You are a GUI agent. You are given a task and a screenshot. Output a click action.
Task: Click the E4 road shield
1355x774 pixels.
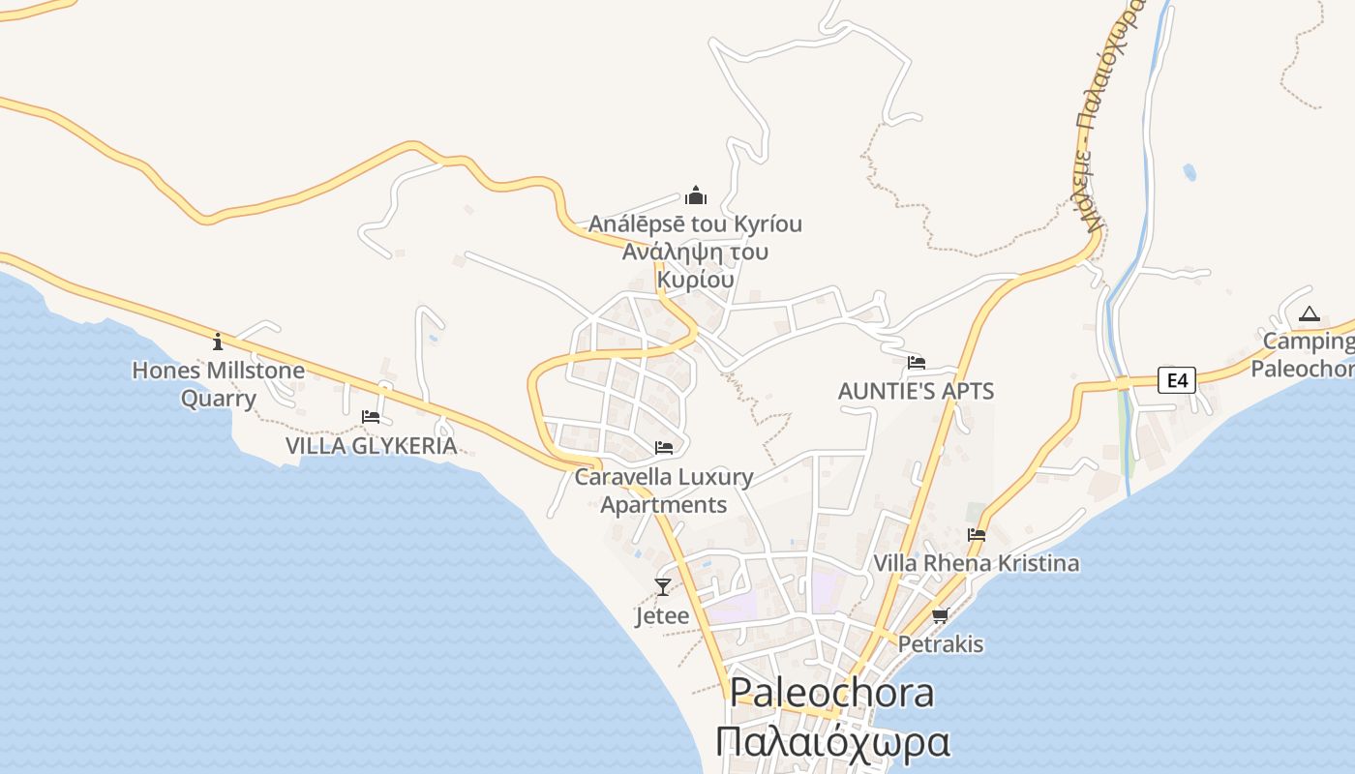pyautogui.click(x=1177, y=380)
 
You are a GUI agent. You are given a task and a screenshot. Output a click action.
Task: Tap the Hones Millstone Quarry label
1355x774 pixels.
pyautogui.click(x=218, y=384)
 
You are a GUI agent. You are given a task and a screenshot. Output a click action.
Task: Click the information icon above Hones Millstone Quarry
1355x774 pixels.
pyautogui.click(x=218, y=342)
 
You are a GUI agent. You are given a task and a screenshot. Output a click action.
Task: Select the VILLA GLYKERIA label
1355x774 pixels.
pyautogui.click(x=371, y=446)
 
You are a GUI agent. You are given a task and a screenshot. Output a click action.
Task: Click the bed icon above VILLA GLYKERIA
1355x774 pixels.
pyautogui.click(x=371, y=417)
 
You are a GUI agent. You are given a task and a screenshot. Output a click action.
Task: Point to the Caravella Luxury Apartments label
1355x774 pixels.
pyautogui.click(x=664, y=491)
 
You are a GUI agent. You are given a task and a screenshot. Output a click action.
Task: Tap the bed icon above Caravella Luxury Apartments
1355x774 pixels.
pyautogui.click(x=664, y=448)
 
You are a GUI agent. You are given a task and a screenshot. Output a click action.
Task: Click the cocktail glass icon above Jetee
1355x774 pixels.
pyautogui.click(x=663, y=586)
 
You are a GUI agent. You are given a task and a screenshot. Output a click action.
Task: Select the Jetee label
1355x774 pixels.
pyautogui.click(x=663, y=616)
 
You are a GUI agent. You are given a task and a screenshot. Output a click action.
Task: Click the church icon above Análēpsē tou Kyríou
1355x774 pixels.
pyautogui.click(x=696, y=196)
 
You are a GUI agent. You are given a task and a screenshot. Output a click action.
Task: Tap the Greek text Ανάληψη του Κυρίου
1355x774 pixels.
pyautogui.click(x=695, y=266)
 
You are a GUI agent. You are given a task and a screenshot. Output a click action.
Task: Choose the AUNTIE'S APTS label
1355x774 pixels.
pyautogui.click(x=916, y=392)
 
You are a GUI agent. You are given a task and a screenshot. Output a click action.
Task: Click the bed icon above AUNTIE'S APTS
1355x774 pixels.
pyautogui.click(x=917, y=363)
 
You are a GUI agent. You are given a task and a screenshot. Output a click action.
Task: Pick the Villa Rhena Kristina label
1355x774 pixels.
pyautogui.click(x=977, y=563)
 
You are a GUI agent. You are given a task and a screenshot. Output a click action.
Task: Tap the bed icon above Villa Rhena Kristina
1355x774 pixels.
pyautogui.click(x=977, y=534)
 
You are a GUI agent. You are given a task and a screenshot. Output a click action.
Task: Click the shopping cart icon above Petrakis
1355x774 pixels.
pyautogui.click(x=940, y=615)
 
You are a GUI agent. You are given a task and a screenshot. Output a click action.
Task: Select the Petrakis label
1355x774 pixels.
pyautogui.click(x=941, y=644)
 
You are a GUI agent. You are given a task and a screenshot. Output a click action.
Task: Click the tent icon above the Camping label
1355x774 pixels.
pyautogui.click(x=1310, y=313)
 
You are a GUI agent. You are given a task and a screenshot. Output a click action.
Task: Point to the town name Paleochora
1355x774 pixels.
pyautogui.click(x=831, y=693)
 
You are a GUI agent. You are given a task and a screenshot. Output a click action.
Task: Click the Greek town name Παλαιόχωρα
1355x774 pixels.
pyautogui.click(x=832, y=743)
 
